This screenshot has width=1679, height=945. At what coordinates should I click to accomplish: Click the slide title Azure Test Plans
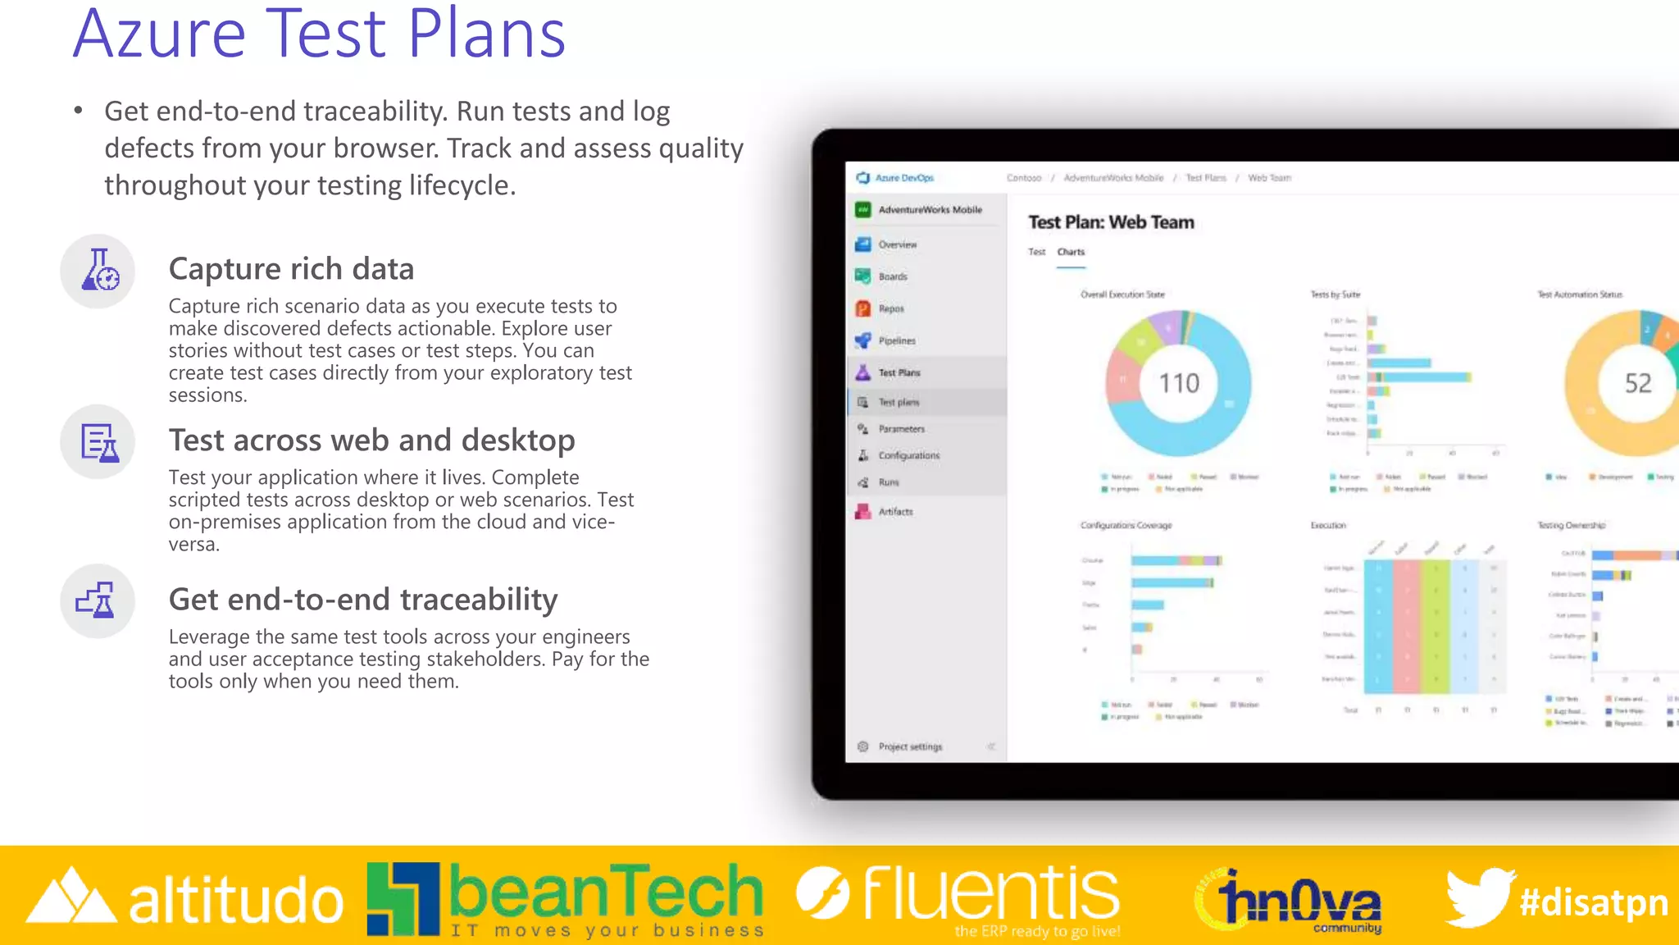319,34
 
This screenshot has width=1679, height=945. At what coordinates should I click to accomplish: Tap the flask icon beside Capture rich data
98,271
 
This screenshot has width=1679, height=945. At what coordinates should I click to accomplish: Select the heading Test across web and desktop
371,441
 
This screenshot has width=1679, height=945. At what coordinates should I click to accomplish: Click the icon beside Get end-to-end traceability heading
97,600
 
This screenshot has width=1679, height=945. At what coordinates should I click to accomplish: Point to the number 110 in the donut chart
1178,383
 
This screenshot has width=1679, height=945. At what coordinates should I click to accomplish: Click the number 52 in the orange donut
1637,383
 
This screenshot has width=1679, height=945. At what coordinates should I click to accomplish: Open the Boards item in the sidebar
892,276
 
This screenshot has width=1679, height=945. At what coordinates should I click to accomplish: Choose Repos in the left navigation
890,308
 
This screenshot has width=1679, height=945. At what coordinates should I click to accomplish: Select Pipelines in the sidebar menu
896,340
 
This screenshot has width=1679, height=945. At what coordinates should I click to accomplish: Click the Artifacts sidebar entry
894,511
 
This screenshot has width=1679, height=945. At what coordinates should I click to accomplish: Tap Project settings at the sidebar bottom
909,746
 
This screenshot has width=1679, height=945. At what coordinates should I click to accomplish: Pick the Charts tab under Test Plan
1071,252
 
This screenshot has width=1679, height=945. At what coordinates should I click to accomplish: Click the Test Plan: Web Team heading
1111,222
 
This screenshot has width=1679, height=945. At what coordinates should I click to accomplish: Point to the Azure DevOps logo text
903,178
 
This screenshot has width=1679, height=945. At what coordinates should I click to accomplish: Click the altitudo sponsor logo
185,899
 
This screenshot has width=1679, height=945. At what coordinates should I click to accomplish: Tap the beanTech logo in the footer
566,899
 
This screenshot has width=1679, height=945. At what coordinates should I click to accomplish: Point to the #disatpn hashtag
1593,902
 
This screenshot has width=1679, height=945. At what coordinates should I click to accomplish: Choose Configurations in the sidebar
908,455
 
